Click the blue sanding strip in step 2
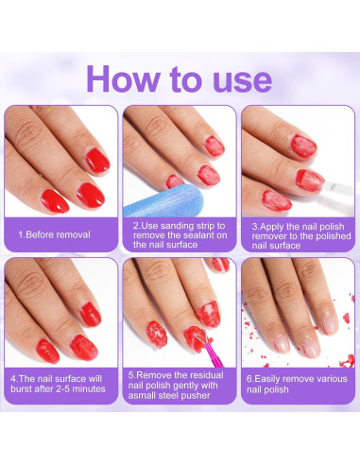coord(163,200)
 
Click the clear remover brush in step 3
coord(339,189)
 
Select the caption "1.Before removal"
coord(54,234)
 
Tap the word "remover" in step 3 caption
coord(268,236)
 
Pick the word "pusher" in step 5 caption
coord(196,395)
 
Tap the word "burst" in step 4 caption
coord(22,388)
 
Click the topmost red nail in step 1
coord(98,161)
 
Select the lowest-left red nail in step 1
coord(55,201)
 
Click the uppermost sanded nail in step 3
coord(303,146)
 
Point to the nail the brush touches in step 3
coord(310,181)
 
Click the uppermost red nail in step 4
coord(91,315)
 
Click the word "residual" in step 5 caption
coord(206,375)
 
